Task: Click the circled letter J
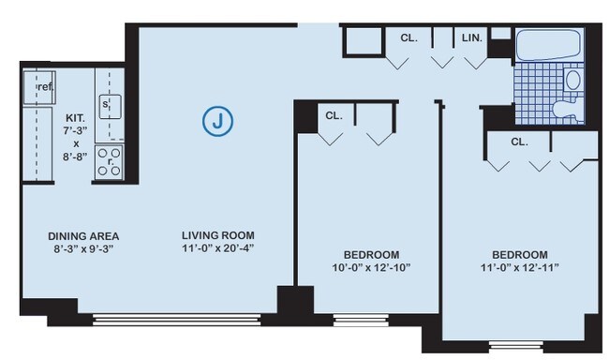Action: [x=218, y=121]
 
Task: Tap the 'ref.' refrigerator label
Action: [x=44, y=87]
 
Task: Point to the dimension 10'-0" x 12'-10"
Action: [x=370, y=268]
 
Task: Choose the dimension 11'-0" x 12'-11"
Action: [x=519, y=268]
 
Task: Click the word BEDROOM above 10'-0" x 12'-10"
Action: [x=370, y=254]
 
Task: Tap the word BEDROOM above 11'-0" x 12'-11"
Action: [x=519, y=254]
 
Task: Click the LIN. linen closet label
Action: [x=471, y=38]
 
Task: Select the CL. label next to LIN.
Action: [x=408, y=38]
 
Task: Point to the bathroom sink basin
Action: [x=573, y=80]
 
